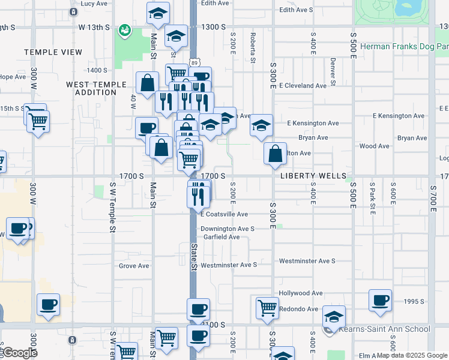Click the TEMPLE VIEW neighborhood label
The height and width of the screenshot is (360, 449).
(x=53, y=52)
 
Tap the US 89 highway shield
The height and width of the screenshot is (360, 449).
(x=193, y=62)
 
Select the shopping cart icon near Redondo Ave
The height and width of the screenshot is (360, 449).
(x=267, y=308)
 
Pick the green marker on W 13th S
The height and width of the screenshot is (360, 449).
(x=125, y=29)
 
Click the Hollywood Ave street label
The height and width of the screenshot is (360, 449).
(x=300, y=293)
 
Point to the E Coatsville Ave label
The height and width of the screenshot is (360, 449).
(x=224, y=214)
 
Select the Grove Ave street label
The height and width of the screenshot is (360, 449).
(x=134, y=266)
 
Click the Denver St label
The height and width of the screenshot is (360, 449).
(x=332, y=71)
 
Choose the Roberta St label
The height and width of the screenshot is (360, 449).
(x=253, y=48)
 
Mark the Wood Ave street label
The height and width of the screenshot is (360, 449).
(x=374, y=146)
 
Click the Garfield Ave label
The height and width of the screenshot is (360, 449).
(x=221, y=237)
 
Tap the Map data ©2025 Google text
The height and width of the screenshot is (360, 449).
(x=412, y=355)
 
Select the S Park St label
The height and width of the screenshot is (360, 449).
(x=372, y=198)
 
